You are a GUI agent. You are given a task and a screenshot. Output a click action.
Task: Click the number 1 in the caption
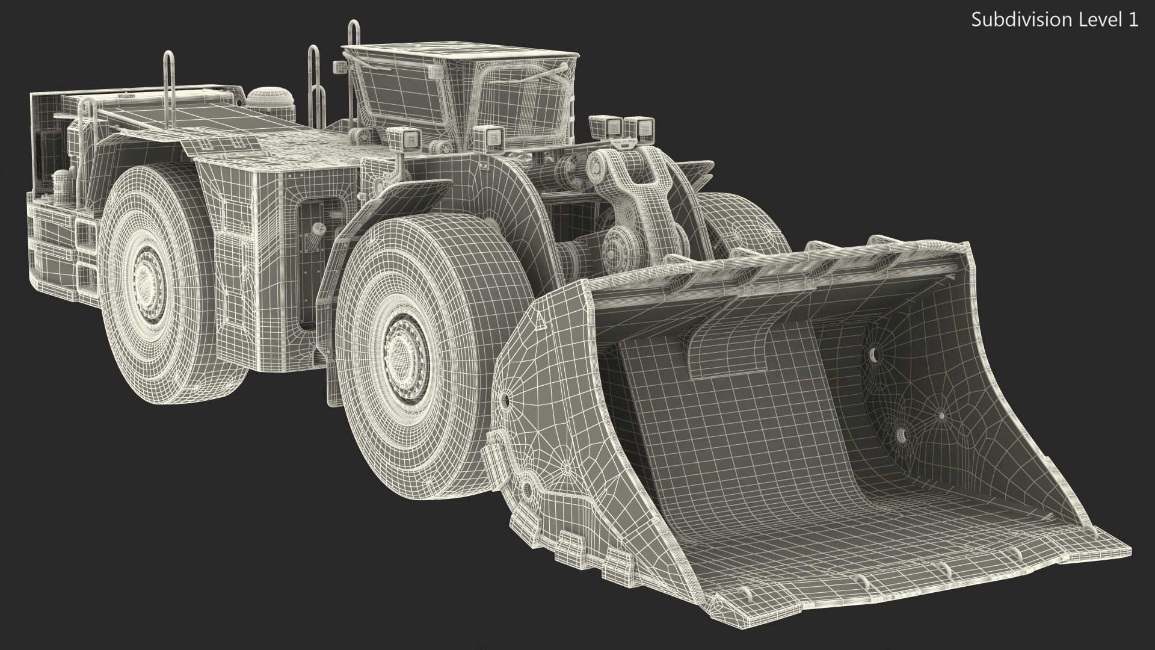click(1133, 20)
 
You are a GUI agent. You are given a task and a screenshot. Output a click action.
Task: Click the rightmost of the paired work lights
click(642, 129)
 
